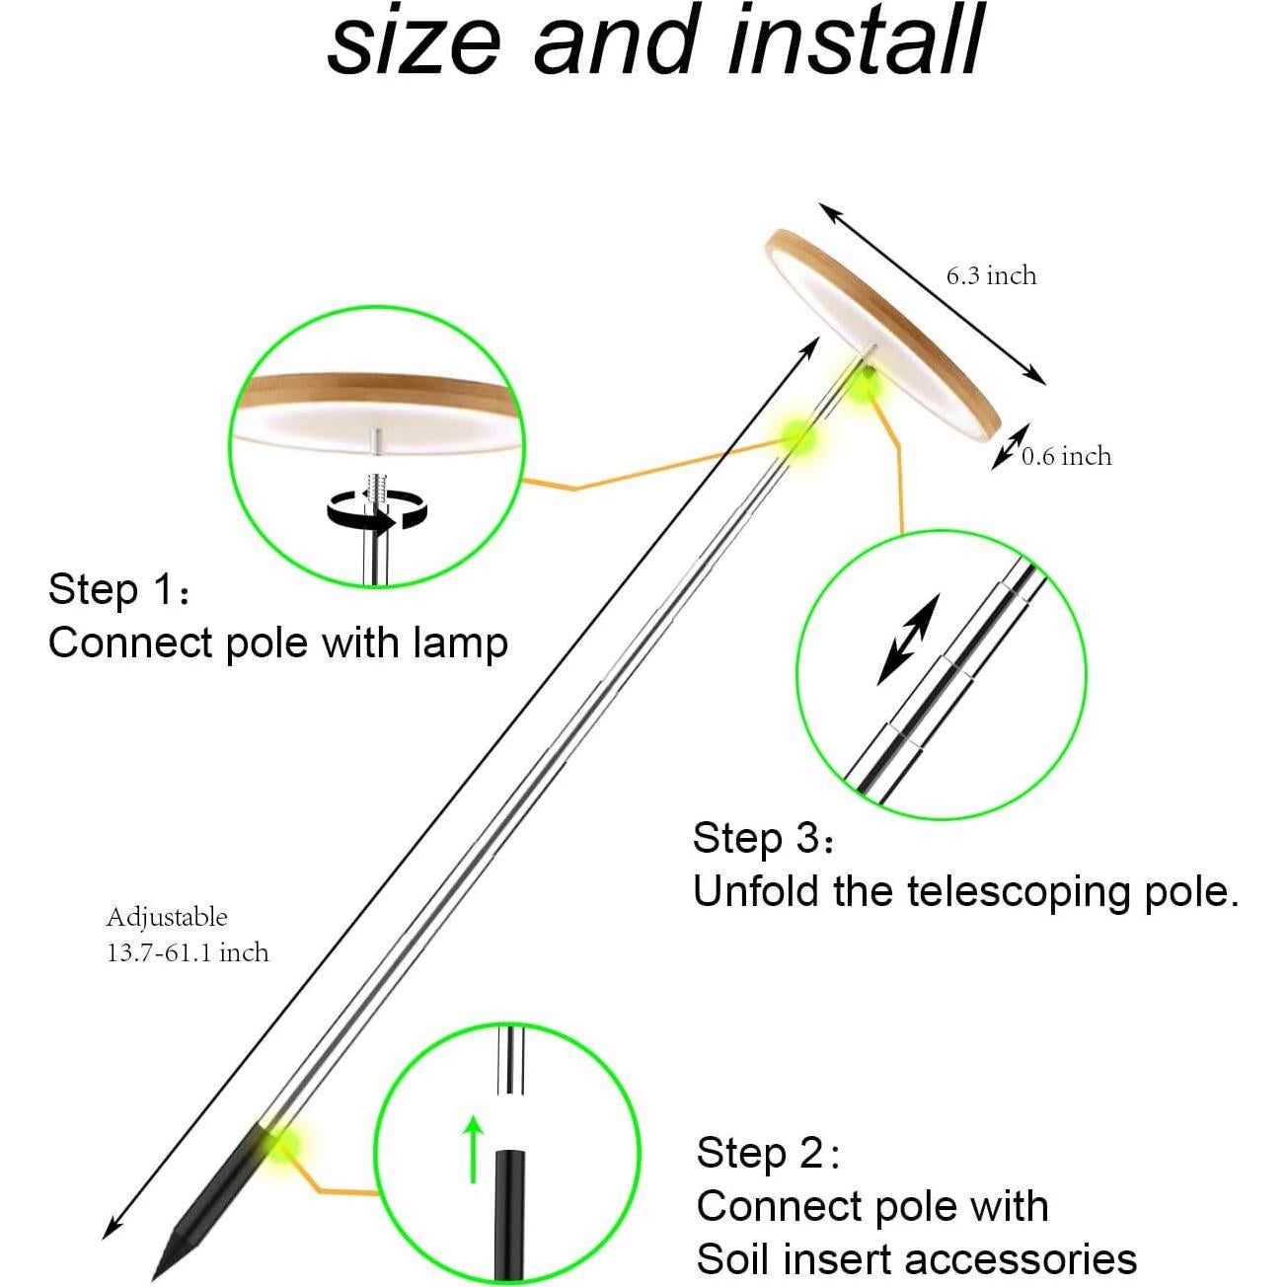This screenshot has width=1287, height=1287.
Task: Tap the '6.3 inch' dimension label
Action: coord(991,276)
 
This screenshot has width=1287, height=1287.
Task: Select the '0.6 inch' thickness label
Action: coord(1066,456)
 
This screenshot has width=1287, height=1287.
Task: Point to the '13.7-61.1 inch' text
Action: coord(188,952)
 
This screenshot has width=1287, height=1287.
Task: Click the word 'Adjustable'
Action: coord(167,917)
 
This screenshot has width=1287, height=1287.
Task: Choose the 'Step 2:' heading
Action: coord(768,1153)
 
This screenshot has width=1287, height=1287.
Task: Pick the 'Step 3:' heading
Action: coord(763,838)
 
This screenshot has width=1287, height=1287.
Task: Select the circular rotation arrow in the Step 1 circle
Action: coord(375,511)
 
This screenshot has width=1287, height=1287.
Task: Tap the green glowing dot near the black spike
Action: coord(280,1145)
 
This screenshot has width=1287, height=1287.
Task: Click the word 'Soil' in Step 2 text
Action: coord(733,1260)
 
